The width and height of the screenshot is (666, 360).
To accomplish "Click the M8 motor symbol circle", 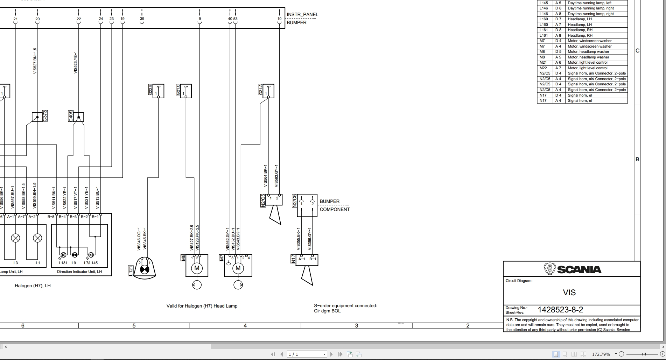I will (197, 268).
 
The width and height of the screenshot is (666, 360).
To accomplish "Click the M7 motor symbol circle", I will (238, 268).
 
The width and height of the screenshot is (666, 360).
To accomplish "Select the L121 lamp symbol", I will (144, 270).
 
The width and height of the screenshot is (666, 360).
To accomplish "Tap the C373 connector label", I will (45, 116).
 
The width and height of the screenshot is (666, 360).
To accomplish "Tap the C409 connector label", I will (71, 116).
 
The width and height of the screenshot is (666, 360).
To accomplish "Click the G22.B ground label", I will (150, 90).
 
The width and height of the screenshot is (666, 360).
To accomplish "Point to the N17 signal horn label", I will (293, 259).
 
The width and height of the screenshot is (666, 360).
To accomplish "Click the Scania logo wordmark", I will (579, 269).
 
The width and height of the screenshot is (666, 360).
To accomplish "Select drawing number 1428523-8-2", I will (560, 310).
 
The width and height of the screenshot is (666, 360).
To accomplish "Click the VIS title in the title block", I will (569, 292).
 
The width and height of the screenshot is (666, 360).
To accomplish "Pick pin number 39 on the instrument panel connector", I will (142, 19).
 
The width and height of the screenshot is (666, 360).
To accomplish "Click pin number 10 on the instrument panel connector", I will (279, 19).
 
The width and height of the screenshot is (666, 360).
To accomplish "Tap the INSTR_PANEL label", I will (302, 15).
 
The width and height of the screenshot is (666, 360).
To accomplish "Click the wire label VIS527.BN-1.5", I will (35, 61).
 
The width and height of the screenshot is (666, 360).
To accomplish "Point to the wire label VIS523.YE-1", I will (76, 62).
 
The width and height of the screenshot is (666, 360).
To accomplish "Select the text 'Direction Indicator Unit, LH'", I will (79, 271).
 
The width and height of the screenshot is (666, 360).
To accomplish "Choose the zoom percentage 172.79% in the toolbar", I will (601, 354).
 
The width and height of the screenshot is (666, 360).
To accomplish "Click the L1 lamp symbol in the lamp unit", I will (37, 238).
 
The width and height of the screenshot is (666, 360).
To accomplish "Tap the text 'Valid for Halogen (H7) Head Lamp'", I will (202, 306).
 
